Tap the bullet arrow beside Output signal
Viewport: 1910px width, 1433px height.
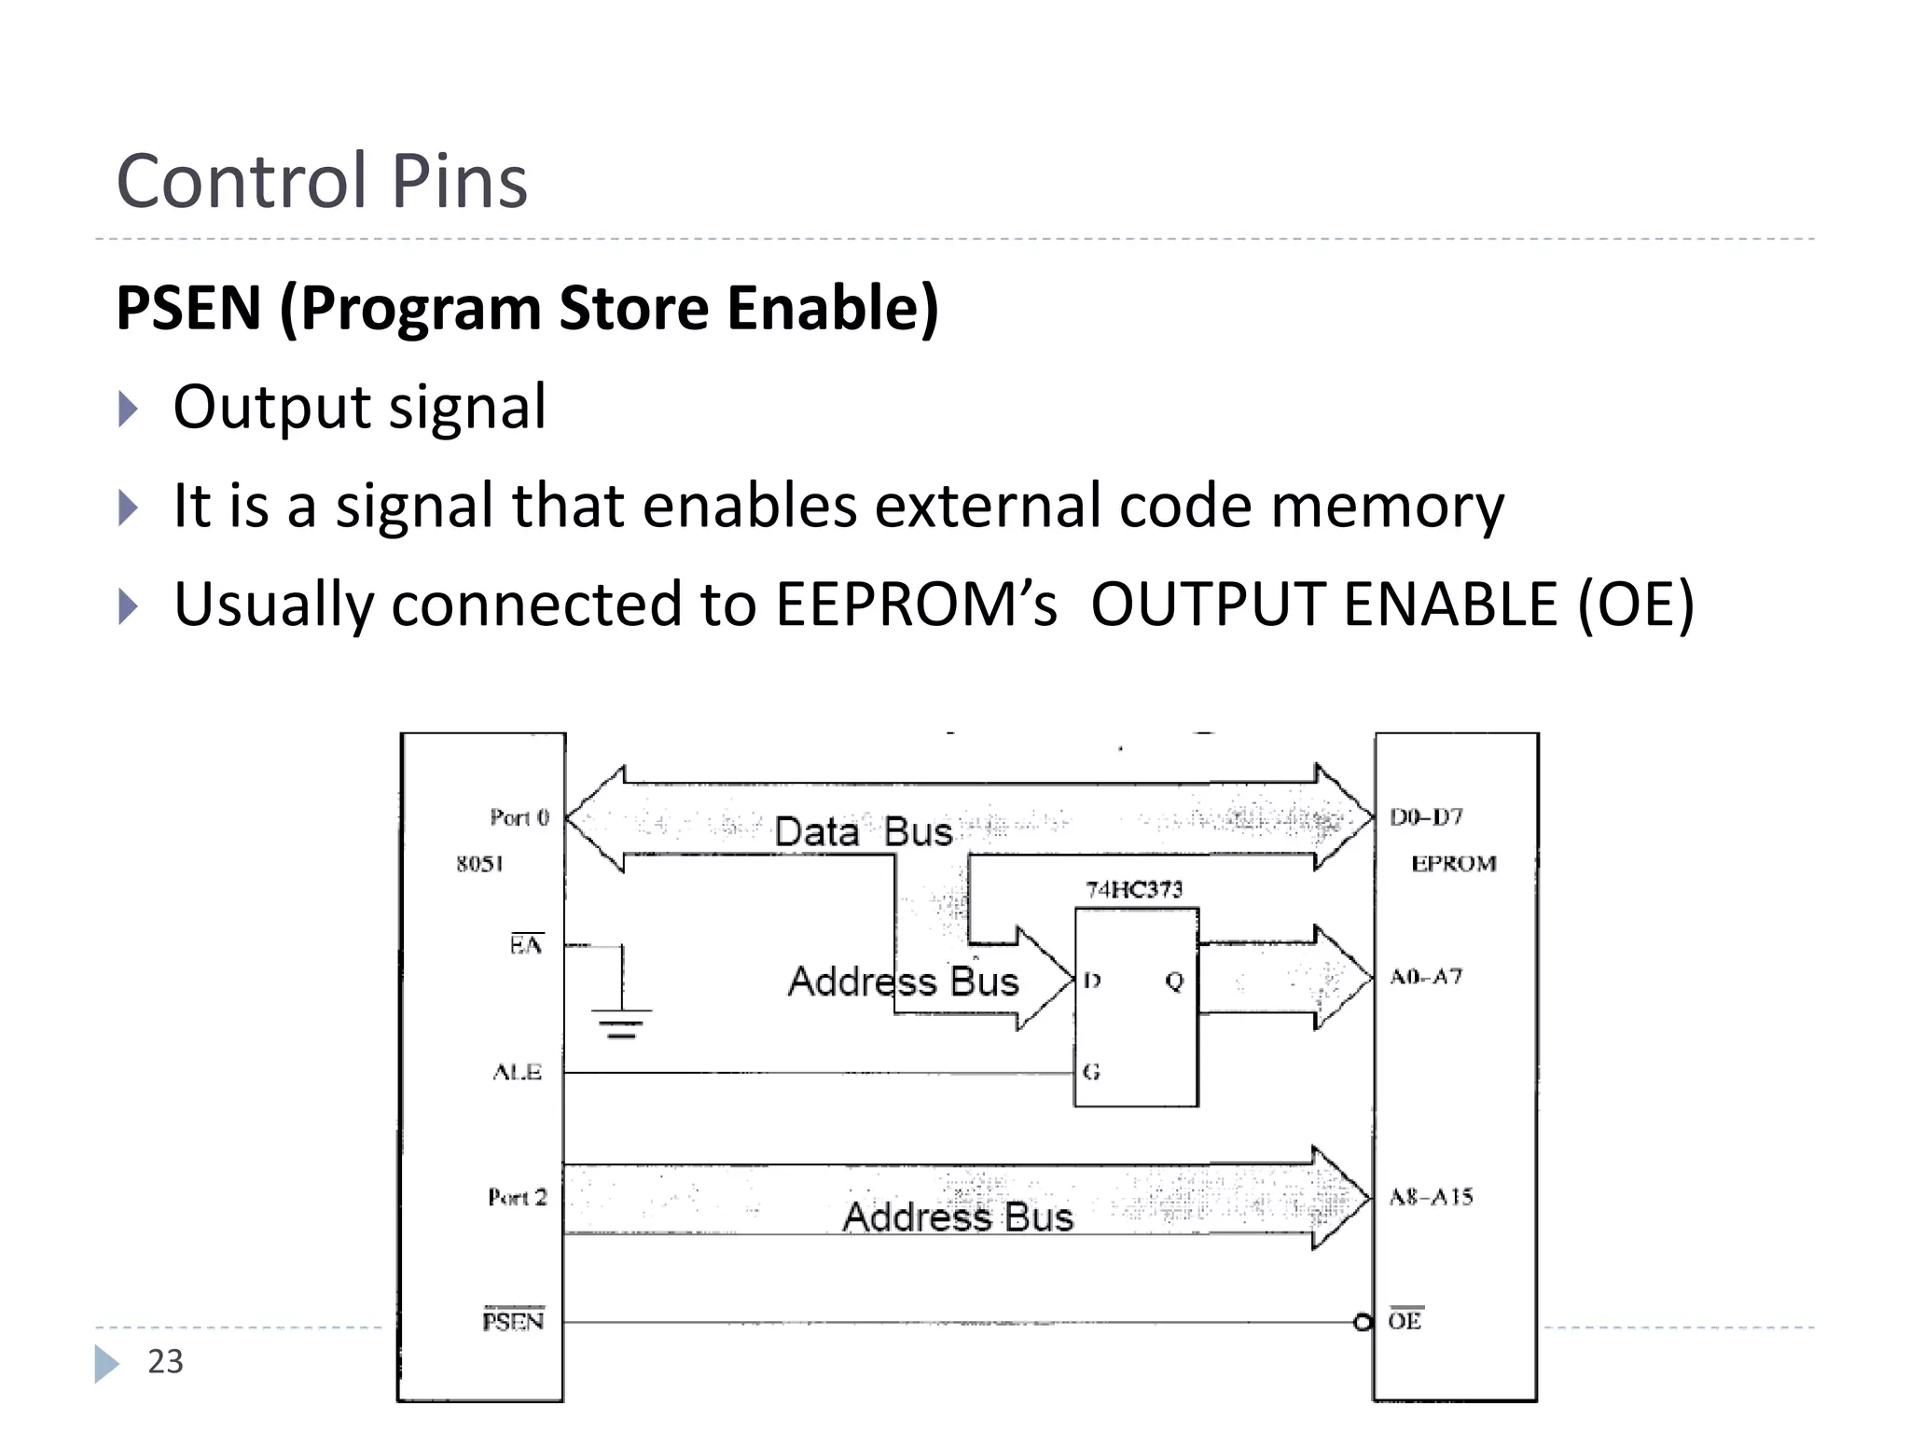pyautogui.click(x=129, y=409)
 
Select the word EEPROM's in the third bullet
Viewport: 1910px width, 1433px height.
pyautogui.click(x=916, y=604)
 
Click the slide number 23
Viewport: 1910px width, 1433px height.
pyautogui.click(x=165, y=1361)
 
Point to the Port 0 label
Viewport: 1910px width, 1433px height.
pyautogui.click(x=519, y=817)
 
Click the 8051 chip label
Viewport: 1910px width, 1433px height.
pyautogui.click(x=479, y=864)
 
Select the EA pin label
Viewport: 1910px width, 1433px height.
pyautogui.click(x=526, y=945)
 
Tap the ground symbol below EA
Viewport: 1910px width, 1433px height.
pyautogui.click(x=621, y=1023)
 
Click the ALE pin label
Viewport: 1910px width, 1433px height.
pyautogui.click(x=518, y=1072)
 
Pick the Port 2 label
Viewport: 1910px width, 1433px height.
pyautogui.click(x=518, y=1197)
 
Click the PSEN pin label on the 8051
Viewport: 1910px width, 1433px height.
pyautogui.click(x=513, y=1321)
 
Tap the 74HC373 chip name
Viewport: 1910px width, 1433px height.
pyautogui.click(x=1134, y=889)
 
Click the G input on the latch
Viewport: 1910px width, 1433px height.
pyautogui.click(x=1092, y=1072)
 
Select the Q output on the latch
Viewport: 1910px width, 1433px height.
pyautogui.click(x=1174, y=981)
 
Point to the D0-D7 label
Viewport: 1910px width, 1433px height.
pyautogui.click(x=1427, y=817)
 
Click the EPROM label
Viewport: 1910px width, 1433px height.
pyautogui.click(x=1453, y=864)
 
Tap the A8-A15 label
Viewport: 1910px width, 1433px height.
pyautogui.click(x=1431, y=1197)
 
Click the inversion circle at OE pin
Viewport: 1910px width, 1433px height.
pyautogui.click(x=1363, y=1322)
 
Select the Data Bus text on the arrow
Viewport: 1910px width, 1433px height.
pyautogui.click(x=864, y=831)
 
